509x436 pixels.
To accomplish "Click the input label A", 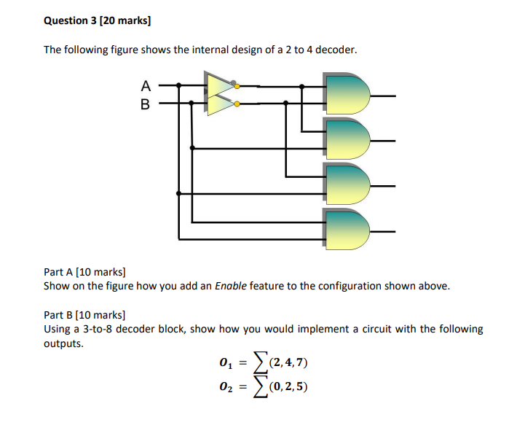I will coord(144,86).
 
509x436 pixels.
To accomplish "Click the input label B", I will coord(144,104).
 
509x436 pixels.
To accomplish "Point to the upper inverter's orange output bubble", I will coord(237,86).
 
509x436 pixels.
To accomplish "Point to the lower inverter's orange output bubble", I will coord(237,104).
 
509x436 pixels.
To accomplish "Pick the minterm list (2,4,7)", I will coord(288,362).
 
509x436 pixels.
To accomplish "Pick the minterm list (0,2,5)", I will coord(288,386).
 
